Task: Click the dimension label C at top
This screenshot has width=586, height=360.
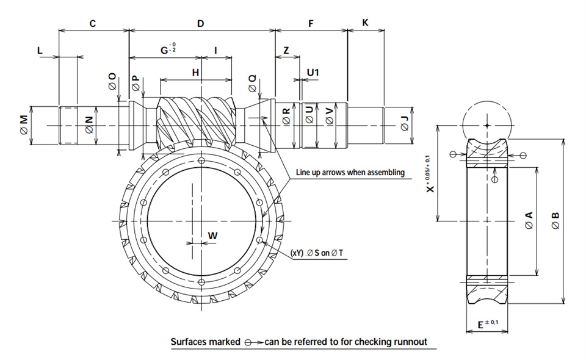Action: (x=93, y=24)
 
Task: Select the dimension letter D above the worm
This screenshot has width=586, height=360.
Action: (x=201, y=24)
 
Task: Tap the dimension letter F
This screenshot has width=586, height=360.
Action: (x=311, y=24)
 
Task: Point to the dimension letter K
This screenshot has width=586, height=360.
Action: (x=366, y=23)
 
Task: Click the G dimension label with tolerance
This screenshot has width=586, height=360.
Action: (x=168, y=49)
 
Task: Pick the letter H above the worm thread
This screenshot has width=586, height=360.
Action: (x=195, y=72)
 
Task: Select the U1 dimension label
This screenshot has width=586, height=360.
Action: (x=313, y=72)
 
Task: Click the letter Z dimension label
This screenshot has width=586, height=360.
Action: (x=286, y=50)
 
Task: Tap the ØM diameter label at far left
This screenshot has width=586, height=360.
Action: (x=24, y=124)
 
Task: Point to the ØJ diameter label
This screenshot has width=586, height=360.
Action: (x=404, y=124)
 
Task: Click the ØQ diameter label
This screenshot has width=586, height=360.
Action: (x=253, y=83)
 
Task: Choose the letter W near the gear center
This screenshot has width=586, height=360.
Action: (x=212, y=236)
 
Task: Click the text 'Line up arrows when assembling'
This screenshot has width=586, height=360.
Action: (x=350, y=172)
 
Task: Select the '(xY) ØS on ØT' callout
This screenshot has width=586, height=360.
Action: (x=317, y=253)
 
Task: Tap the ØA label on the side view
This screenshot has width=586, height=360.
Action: (x=529, y=220)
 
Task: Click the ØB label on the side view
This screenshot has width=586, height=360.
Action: (x=555, y=220)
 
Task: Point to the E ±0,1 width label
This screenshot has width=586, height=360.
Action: (x=488, y=323)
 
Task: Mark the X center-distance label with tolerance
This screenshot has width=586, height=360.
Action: (x=430, y=174)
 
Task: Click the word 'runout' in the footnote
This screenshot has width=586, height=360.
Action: (x=412, y=342)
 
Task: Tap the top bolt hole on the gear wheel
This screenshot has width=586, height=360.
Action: (x=202, y=161)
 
